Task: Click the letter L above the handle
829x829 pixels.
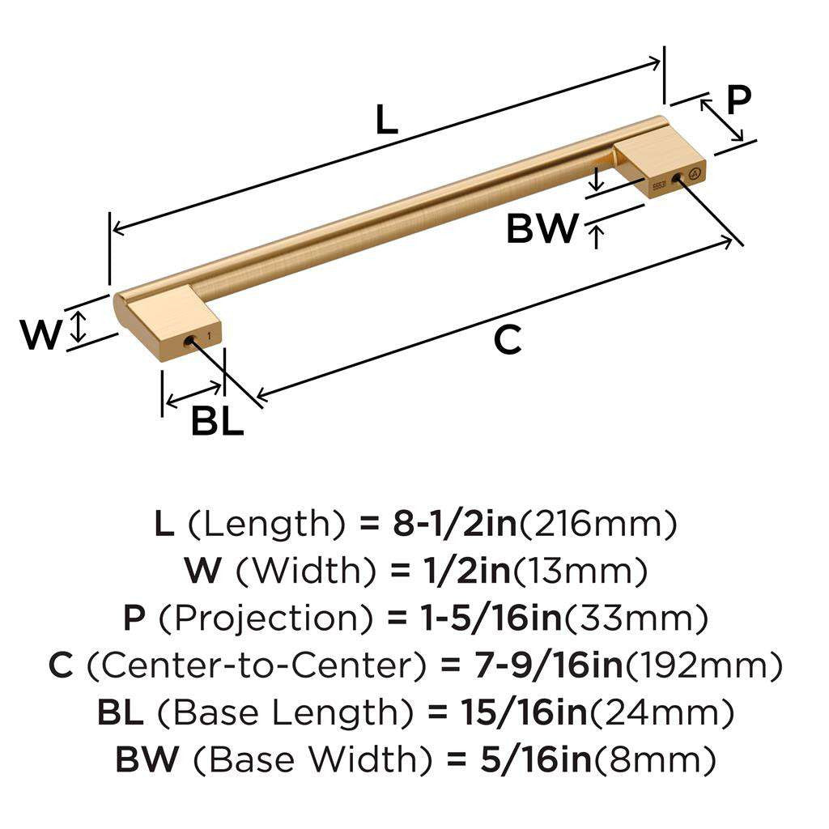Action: tap(387, 121)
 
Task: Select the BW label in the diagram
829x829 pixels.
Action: tap(542, 229)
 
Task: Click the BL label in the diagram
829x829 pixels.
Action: tap(217, 422)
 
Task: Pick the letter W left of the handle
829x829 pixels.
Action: tap(40, 335)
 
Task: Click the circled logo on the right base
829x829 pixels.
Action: tap(693, 173)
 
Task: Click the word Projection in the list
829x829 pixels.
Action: tap(267, 619)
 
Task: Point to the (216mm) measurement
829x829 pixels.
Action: tap(597, 525)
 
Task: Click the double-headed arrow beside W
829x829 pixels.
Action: tap(78, 326)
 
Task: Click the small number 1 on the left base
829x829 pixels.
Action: tap(209, 334)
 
